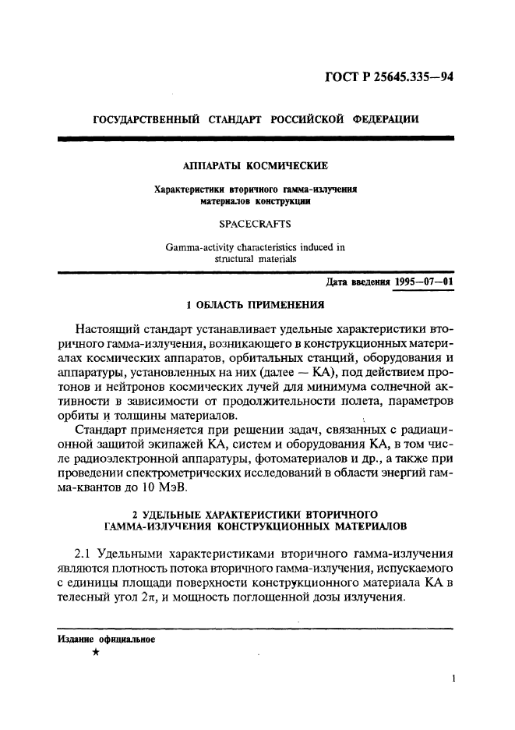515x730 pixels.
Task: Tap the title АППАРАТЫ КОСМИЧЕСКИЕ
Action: pyautogui.click(x=255, y=165)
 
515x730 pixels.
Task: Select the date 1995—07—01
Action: pyautogui.click(x=422, y=282)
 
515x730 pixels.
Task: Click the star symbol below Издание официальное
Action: pyautogui.click(x=95, y=654)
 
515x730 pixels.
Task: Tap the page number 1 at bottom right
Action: pyautogui.click(x=452, y=679)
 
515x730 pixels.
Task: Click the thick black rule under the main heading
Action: pyautogui.click(x=256, y=138)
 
